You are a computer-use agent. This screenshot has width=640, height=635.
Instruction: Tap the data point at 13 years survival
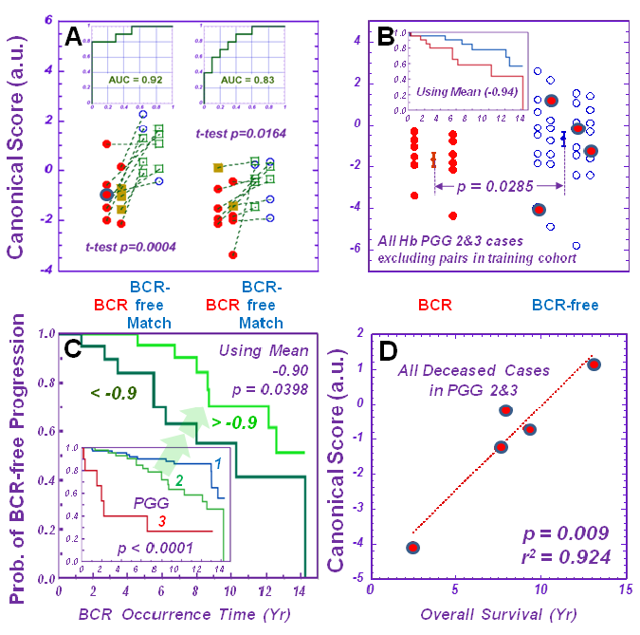coord(594,364)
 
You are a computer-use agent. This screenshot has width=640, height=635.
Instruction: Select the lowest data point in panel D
coord(413,548)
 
